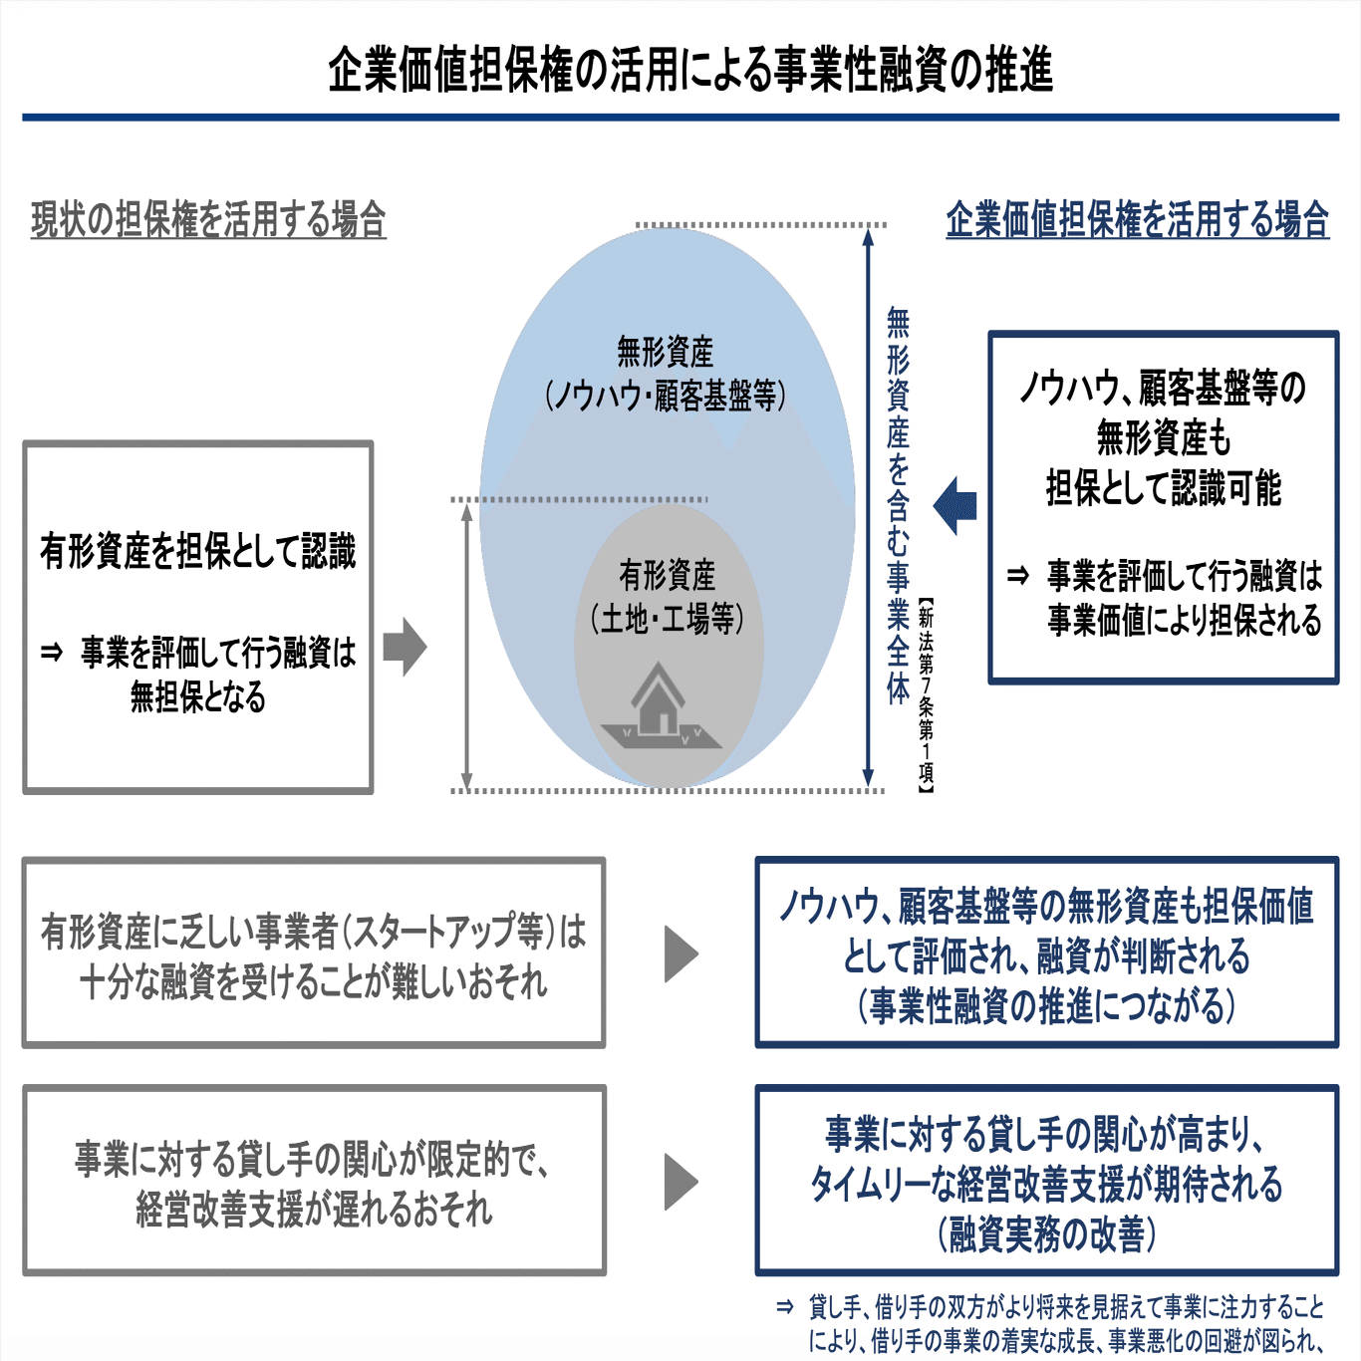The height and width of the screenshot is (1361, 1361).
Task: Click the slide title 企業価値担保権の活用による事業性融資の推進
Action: [690, 70]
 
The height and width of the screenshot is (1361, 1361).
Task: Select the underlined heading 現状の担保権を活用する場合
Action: [208, 219]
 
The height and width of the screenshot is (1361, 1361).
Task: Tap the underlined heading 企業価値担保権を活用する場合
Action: [1137, 219]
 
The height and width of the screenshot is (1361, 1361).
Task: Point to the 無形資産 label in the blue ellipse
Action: [666, 351]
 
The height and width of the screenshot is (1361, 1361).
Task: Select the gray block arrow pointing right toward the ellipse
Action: [405, 647]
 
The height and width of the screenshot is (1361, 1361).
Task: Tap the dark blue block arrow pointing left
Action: [954, 506]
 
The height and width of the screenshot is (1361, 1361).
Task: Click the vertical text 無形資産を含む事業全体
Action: [898, 506]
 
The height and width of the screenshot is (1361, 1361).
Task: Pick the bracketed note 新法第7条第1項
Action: [926, 695]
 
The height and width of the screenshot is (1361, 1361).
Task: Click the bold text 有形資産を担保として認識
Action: [197, 551]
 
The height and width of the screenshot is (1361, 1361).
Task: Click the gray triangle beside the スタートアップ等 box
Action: [680, 954]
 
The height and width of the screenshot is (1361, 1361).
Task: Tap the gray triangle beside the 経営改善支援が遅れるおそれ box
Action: [680, 1182]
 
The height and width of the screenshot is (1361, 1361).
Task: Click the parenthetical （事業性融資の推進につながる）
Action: [1047, 1005]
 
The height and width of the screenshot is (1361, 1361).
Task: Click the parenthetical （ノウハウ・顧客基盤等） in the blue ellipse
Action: [666, 395]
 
